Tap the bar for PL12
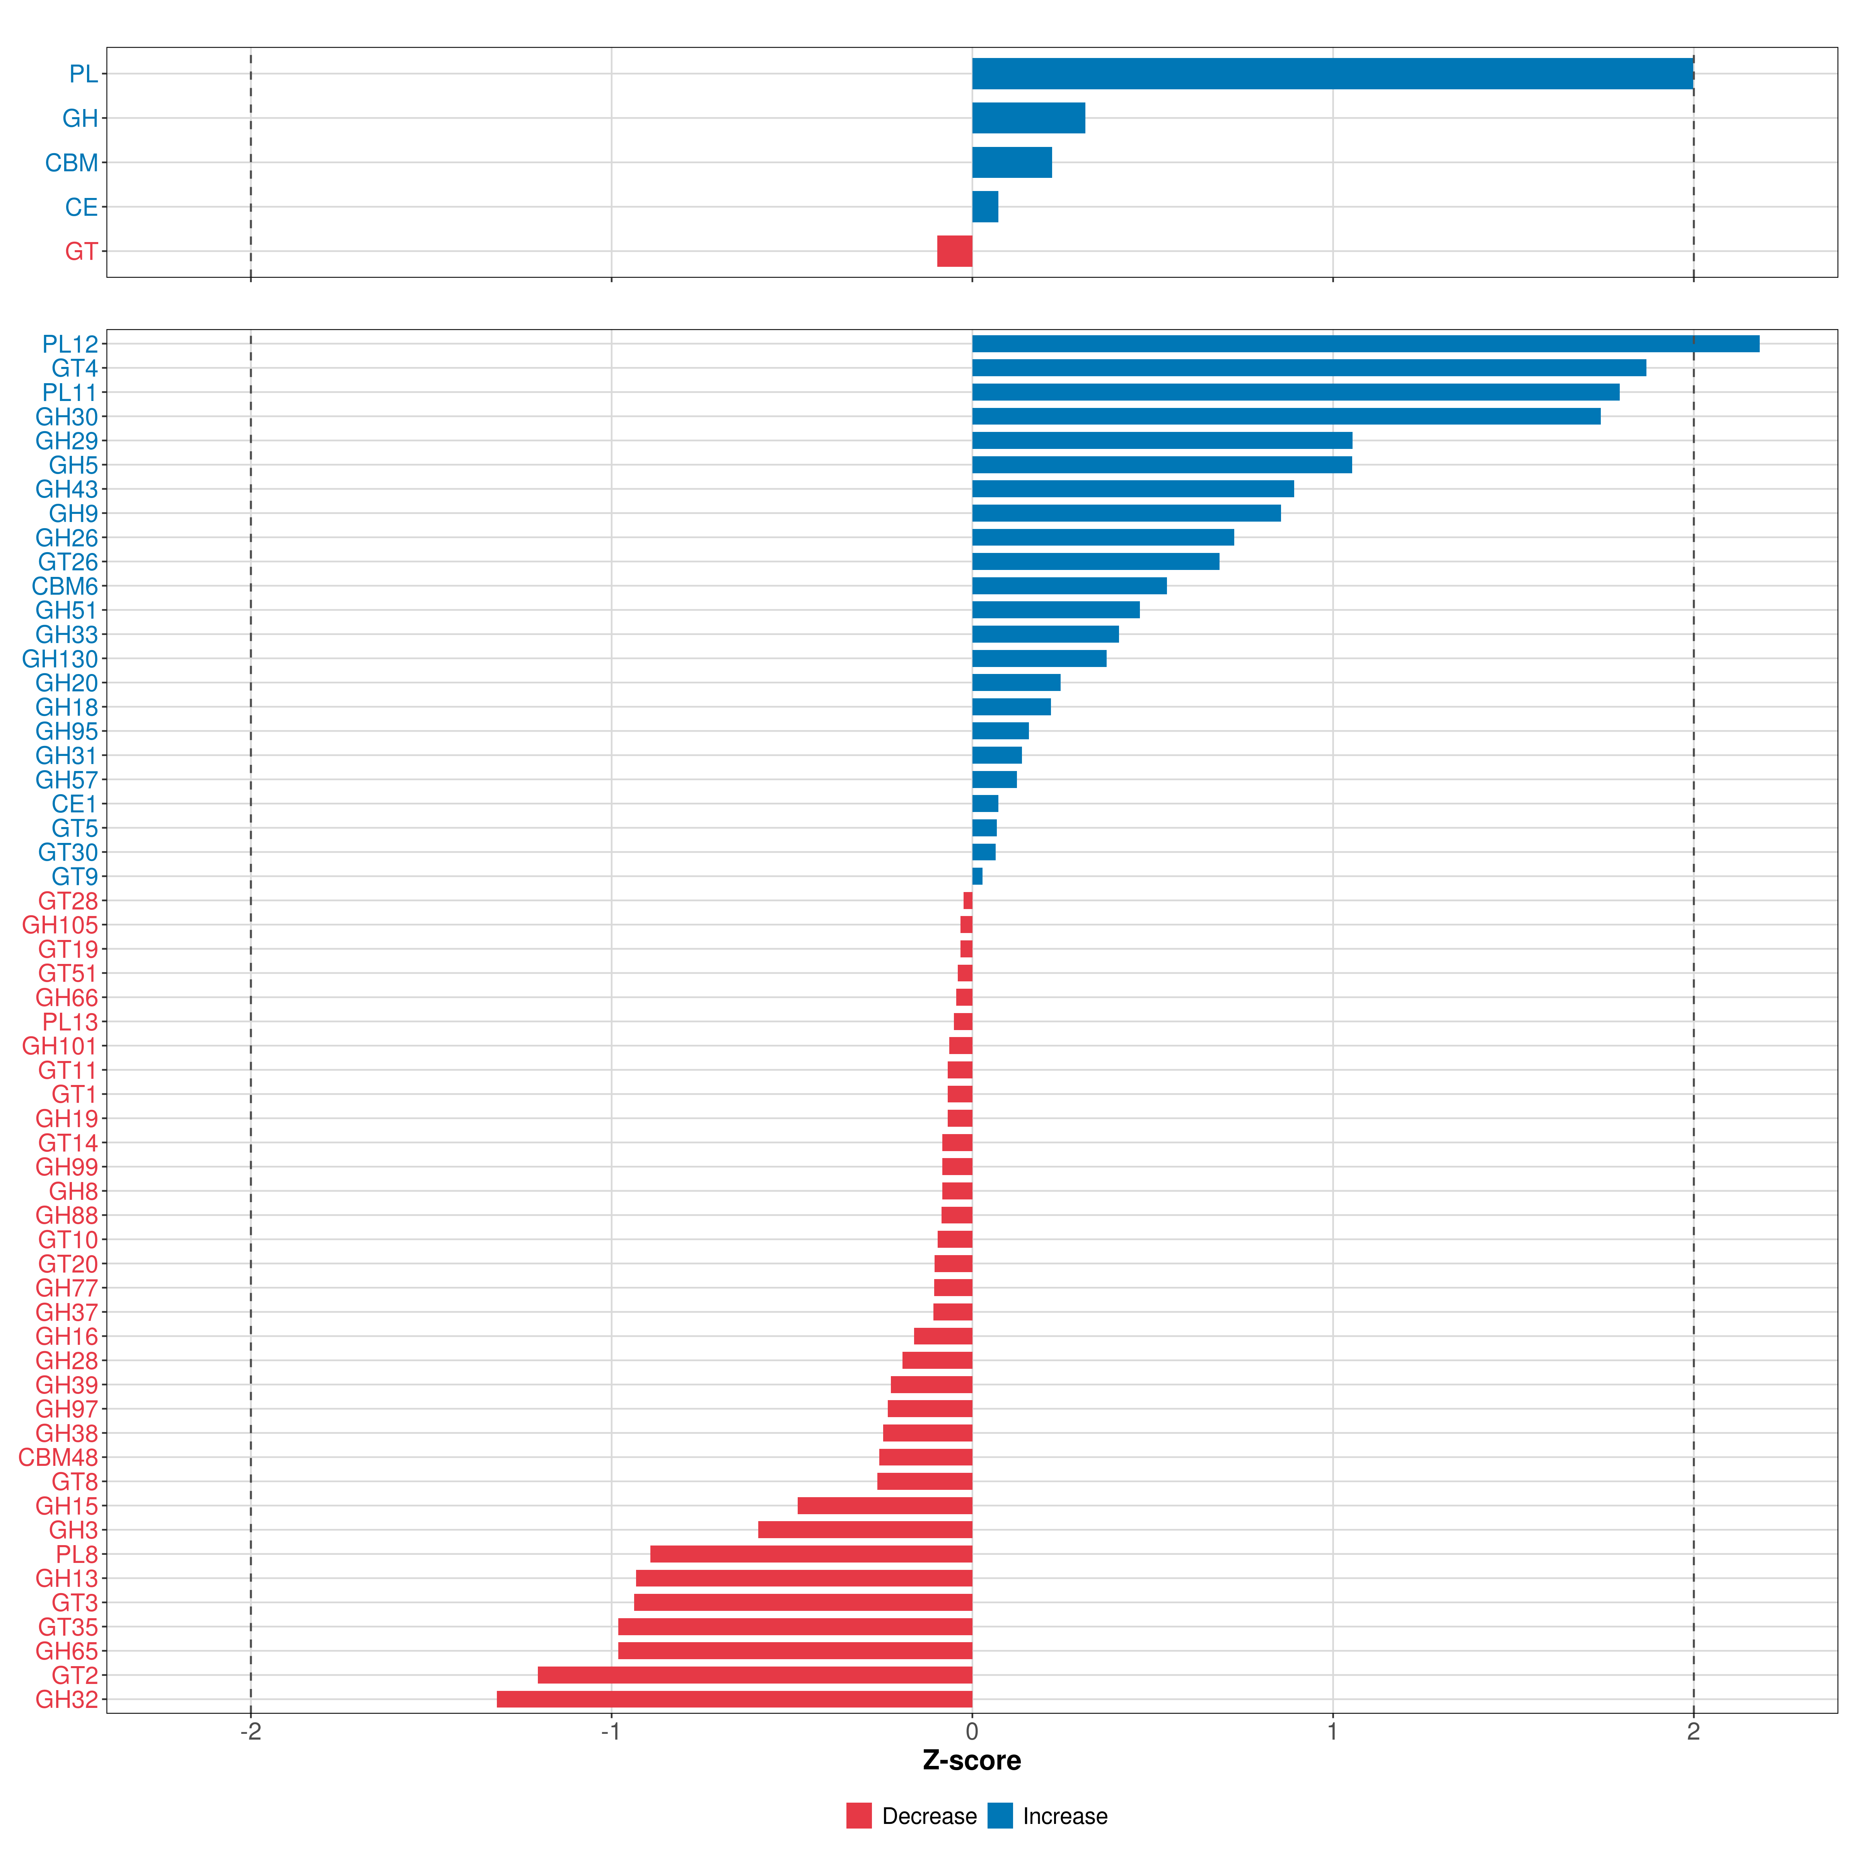1364,344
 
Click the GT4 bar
1308,368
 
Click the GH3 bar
865,1529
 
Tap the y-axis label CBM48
58,1457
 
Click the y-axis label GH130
60,659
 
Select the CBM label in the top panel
71,163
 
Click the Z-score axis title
971,1761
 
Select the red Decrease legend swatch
859,1816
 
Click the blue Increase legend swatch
1000,1816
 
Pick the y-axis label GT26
67,562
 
